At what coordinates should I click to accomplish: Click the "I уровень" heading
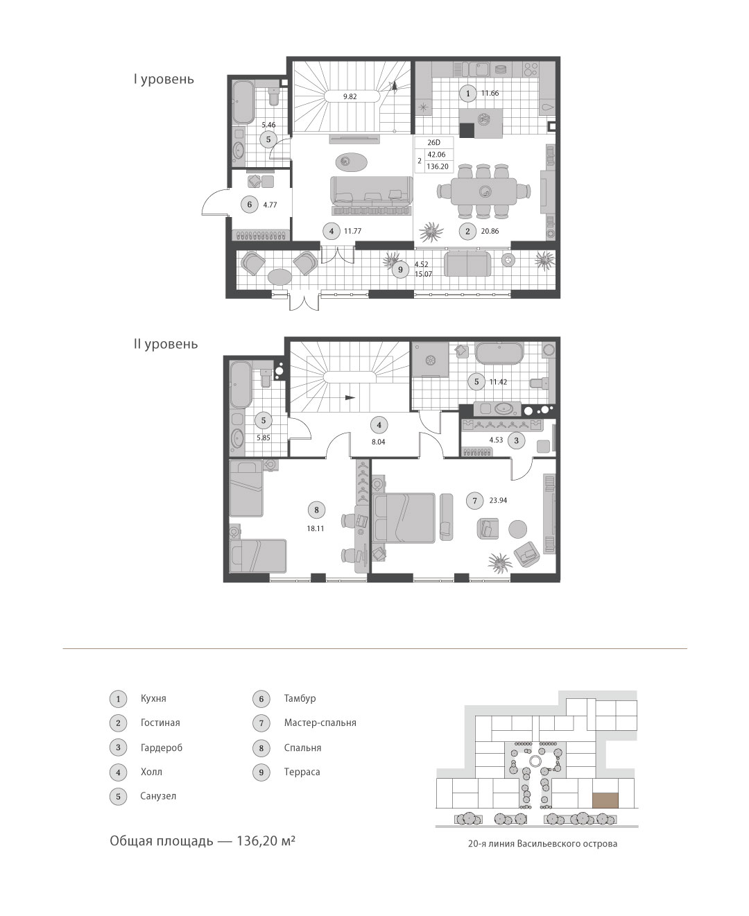164,80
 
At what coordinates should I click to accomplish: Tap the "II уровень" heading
166,345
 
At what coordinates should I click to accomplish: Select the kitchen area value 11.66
490,93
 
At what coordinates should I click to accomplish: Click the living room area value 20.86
490,231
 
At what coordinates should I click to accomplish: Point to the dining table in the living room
484,191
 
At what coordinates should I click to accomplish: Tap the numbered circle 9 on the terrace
400,270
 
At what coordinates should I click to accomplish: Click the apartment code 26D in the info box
433,142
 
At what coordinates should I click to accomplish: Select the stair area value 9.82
350,96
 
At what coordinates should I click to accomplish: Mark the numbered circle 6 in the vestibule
250,205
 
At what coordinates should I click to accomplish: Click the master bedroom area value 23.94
498,501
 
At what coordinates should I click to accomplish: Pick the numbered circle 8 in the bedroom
316,510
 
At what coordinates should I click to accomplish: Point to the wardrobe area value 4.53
496,440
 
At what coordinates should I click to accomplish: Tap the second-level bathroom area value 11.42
498,382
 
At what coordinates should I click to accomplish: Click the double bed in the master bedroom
404,518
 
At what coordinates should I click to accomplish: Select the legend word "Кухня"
153,699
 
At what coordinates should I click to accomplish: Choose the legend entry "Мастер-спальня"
320,723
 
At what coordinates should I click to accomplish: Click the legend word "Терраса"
302,772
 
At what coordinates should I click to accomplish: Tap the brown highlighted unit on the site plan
605,800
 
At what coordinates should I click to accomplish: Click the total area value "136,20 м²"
266,841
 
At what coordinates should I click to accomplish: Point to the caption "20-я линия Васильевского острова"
542,844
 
